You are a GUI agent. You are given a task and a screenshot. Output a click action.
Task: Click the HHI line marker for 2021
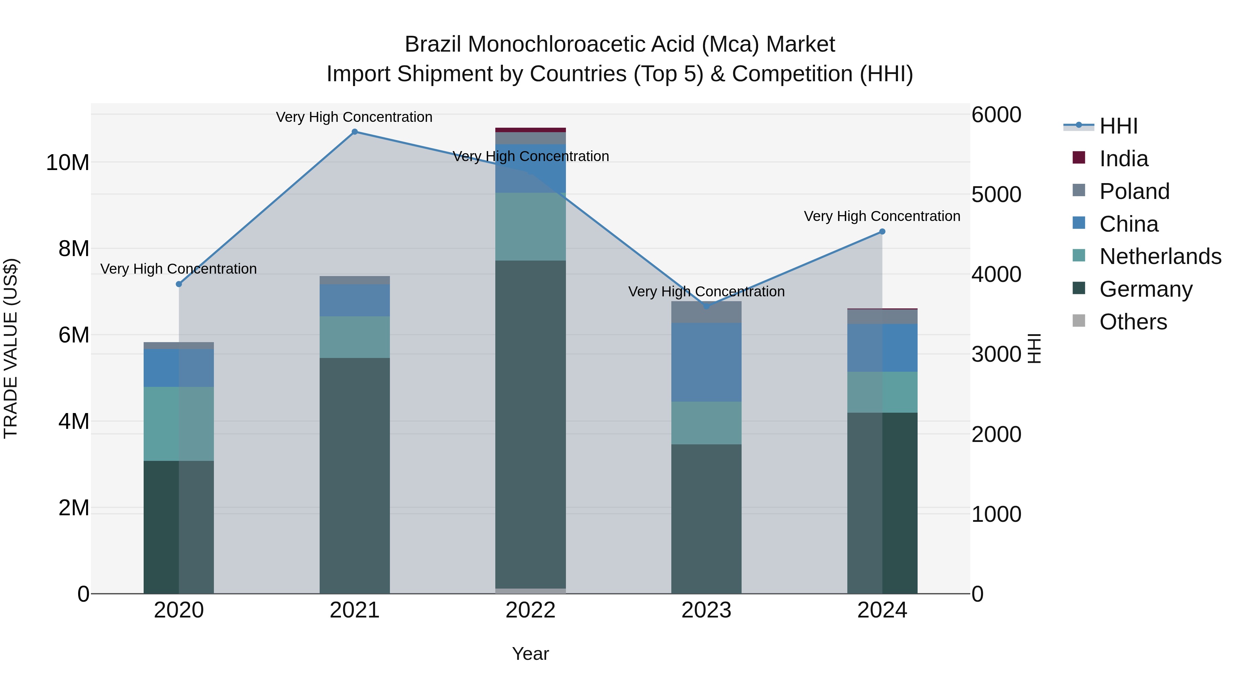coord(354,132)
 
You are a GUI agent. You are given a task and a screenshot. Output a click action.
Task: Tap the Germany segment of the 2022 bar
coord(530,423)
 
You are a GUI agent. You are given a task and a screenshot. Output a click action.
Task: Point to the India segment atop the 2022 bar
coord(530,130)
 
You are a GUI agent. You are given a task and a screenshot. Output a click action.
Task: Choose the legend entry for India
coord(1124,159)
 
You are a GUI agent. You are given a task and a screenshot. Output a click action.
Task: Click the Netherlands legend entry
coord(1160,256)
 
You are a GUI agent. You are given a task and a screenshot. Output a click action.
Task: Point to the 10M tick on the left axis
coord(68,162)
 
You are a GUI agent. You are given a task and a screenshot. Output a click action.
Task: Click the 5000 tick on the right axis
coord(996,195)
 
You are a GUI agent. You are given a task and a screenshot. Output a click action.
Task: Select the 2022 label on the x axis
coord(530,610)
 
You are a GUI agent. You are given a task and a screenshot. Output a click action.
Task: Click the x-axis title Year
coord(530,654)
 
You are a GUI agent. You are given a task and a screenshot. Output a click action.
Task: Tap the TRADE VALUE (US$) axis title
coord(11,348)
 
